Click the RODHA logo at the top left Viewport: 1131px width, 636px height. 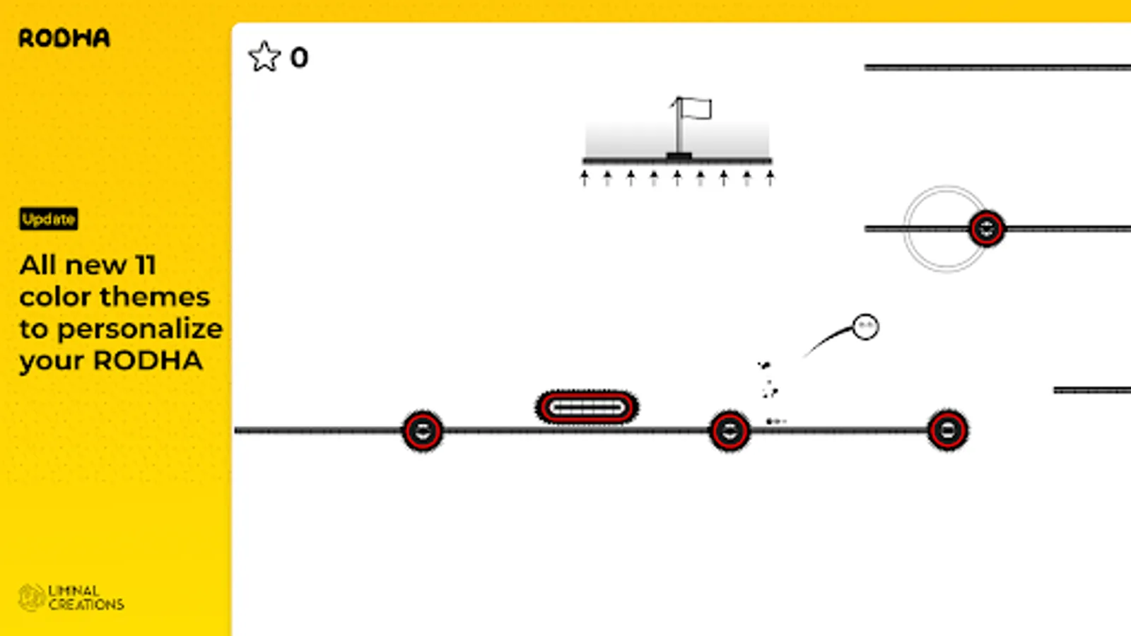click(x=64, y=38)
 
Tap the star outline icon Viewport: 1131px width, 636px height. click(x=264, y=57)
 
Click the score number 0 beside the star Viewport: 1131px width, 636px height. click(x=299, y=58)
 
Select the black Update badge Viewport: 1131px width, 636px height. click(x=49, y=219)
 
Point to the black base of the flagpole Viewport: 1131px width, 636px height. click(x=679, y=155)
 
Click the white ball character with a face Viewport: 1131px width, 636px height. click(x=865, y=326)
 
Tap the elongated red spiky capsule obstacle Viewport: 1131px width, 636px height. click(x=587, y=407)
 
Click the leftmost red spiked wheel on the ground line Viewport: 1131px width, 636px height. click(x=423, y=430)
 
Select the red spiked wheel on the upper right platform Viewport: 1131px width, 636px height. click(x=986, y=228)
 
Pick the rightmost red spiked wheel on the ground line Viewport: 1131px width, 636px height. click(x=947, y=430)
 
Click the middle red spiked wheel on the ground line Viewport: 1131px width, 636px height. click(x=729, y=430)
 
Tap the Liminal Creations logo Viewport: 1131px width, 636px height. click(x=71, y=597)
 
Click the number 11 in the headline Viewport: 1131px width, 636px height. click(x=145, y=265)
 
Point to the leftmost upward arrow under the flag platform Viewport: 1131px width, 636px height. click(x=585, y=177)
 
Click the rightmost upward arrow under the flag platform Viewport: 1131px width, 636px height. click(x=770, y=177)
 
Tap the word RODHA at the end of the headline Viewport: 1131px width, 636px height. click(x=148, y=360)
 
